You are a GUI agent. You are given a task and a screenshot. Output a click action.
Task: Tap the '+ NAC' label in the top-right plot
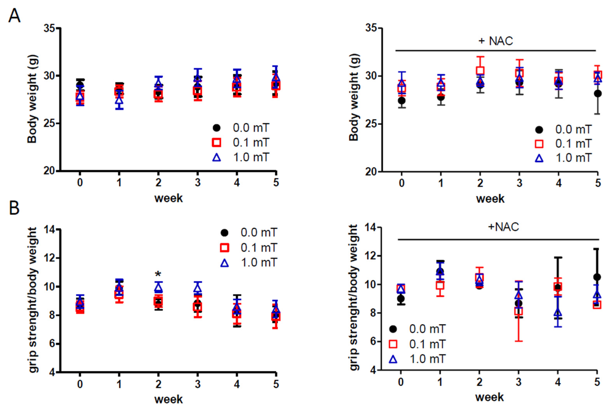point(496,41)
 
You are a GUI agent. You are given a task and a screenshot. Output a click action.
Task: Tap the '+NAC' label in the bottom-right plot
point(503,227)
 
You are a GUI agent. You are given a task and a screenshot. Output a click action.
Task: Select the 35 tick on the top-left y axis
point(49,28)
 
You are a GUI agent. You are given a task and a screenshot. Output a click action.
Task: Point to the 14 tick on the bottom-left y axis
point(49,230)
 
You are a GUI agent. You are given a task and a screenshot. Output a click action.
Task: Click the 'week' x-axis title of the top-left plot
point(169,198)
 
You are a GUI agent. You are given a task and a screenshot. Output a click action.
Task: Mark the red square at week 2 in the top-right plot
point(480,71)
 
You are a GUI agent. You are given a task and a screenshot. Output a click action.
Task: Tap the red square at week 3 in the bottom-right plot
point(518,311)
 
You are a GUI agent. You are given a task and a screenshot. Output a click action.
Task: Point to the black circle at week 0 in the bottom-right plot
point(401,299)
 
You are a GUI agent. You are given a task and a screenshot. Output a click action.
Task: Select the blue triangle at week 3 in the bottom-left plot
point(197,288)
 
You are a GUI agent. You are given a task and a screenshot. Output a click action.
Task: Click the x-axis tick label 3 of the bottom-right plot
point(518,382)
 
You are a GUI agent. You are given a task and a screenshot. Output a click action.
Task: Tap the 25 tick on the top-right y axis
point(371,124)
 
